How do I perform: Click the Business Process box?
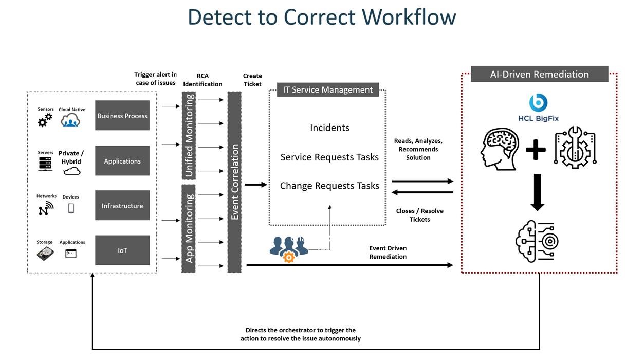[x=122, y=116]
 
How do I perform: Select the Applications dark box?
[x=122, y=161]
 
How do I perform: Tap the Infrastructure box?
[x=122, y=206]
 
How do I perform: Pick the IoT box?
[x=122, y=250]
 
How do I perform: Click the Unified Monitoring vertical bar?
[x=189, y=135]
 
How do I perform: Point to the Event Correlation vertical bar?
[x=235, y=182]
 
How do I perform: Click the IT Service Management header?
[x=328, y=89]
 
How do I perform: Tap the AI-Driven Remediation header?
[x=539, y=74]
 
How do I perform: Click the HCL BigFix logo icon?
[x=538, y=102]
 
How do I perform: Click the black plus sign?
[x=536, y=150]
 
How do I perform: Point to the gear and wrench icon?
[x=575, y=149]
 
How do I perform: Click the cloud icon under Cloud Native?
[x=70, y=121]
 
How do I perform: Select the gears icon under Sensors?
[x=45, y=120]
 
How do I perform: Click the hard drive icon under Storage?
[x=45, y=253]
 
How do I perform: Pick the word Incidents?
[x=329, y=128]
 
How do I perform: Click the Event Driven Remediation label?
[x=388, y=253]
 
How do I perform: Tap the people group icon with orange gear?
[x=288, y=249]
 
